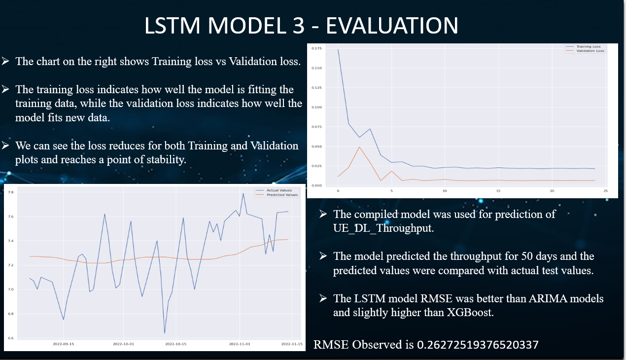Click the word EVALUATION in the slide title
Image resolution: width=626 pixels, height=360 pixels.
coord(392,26)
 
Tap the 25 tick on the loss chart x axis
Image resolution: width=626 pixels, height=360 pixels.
coord(605,190)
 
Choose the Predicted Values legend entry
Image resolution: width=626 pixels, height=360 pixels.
coord(282,195)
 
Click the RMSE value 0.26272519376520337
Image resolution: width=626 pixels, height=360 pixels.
coord(478,345)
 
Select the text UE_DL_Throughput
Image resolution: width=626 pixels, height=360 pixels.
coord(383,229)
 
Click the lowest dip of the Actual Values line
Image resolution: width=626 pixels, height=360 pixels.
coord(165,333)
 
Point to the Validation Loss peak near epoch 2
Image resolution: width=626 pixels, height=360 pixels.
coord(359,147)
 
